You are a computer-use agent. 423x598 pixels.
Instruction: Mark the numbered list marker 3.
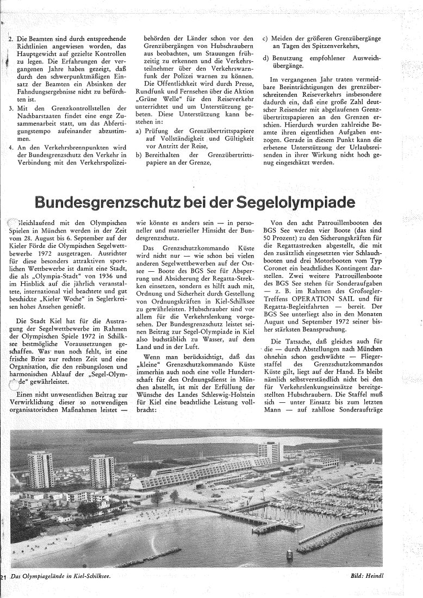pos(11,108)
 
